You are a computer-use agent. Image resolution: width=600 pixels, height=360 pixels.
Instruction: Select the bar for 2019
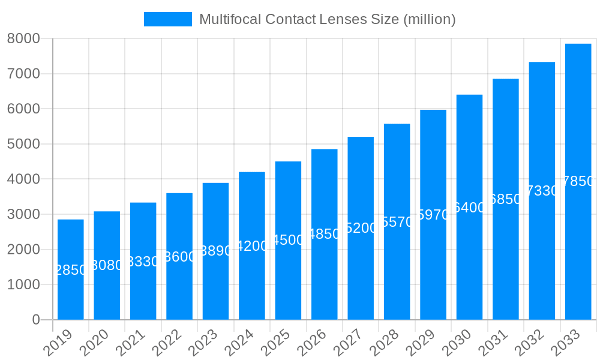71,269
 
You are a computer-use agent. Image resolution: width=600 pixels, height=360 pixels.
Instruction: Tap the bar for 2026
324,234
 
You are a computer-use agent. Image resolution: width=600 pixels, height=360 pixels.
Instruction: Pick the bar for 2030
469,207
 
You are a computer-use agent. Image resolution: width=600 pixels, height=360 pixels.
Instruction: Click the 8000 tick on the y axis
23,38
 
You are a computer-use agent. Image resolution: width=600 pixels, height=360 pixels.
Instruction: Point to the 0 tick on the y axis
36,320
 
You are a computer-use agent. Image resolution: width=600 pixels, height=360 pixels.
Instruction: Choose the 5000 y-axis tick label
23,144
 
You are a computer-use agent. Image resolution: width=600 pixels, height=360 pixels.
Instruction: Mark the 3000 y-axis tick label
23,214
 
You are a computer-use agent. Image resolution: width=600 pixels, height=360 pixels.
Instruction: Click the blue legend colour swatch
168,19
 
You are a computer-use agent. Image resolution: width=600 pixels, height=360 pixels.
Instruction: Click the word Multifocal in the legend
226,19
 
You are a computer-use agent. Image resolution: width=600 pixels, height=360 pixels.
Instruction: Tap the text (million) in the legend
430,19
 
